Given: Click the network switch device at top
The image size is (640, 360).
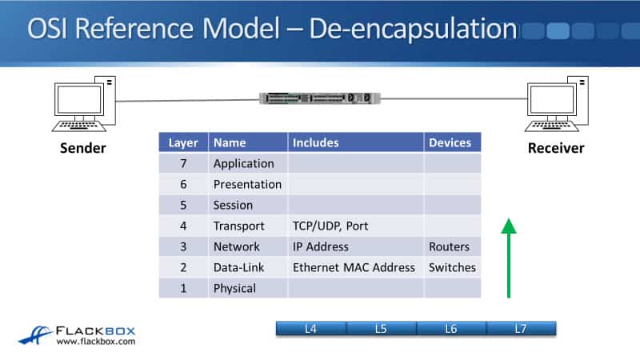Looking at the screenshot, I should [319, 98].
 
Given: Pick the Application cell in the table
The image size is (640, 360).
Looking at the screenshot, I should [243, 163].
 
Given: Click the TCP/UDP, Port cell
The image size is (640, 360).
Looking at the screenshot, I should [330, 226].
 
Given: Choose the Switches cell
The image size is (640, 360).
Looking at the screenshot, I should [452, 267].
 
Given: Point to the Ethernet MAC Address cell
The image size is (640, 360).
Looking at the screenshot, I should [354, 267].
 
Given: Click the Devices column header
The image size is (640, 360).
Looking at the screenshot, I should [450, 142].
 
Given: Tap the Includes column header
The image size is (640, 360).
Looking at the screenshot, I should [316, 142].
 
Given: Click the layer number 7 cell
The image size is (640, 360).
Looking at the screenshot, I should [182, 163].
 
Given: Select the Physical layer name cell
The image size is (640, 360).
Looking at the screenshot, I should [234, 288].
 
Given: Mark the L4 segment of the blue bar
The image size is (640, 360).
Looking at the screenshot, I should [311, 328].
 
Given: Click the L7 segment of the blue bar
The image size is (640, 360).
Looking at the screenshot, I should [521, 328].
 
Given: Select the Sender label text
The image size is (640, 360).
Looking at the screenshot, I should [83, 148].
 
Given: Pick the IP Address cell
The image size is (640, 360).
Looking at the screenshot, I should [321, 246].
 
